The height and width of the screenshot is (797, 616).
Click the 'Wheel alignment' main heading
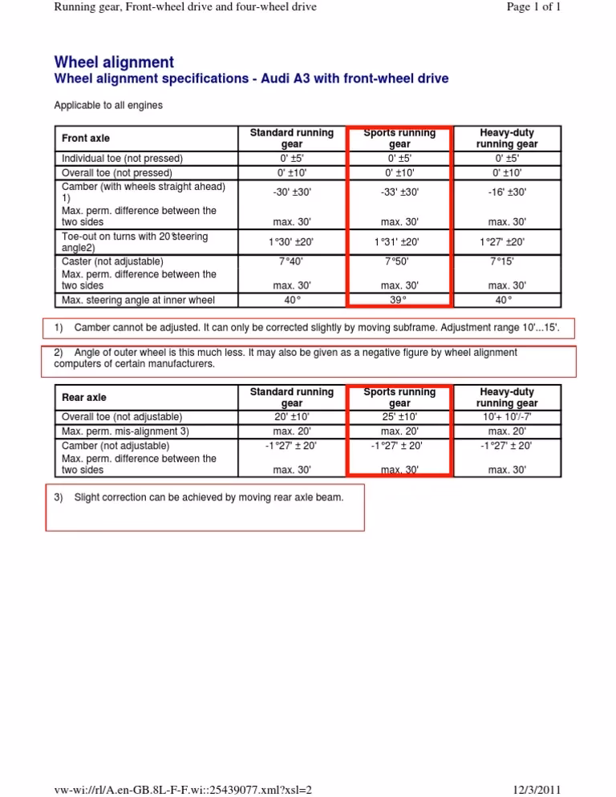(114, 62)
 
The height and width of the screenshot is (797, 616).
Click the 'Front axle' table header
(86, 139)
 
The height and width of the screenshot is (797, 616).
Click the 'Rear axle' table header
(83, 397)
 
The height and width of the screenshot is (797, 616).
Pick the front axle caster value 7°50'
(399, 261)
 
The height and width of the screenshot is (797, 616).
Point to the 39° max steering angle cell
(399, 300)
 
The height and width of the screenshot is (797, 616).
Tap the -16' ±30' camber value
(506, 192)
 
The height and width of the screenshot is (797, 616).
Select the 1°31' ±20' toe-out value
(399, 241)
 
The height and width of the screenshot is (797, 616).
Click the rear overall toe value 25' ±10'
(399, 417)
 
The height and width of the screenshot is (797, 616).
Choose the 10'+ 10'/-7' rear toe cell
(506, 417)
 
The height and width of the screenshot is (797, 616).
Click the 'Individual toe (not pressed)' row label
(123, 158)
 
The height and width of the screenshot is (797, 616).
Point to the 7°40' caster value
(292, 261)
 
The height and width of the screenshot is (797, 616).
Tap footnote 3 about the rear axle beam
(199, 498)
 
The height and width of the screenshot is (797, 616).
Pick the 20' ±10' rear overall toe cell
(292, 417)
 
